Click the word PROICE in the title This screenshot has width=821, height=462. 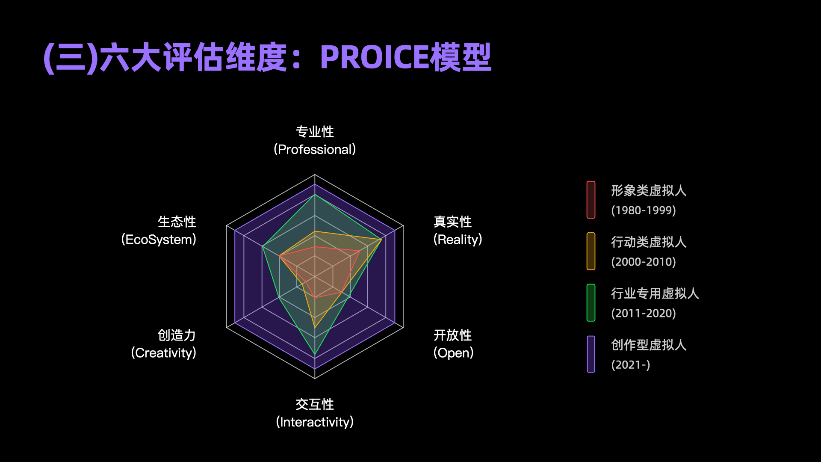(x=374, y=57)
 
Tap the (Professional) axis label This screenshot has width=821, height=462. (x=315, y=149)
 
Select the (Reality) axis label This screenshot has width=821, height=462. (x=458, y=240)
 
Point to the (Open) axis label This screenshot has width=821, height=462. (x=453, y=353)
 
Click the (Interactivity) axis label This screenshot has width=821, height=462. (x=315, y=422)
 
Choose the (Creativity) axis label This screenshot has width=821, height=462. (x=163, y=353)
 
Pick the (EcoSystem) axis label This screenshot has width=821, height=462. (x=159, y=240)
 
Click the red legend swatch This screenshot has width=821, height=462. (x=591, y=200)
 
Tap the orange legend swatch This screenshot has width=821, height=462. (x=591, y=251)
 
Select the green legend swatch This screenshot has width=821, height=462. (x=591, y=302)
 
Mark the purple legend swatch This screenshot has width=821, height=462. (x=591, y=354)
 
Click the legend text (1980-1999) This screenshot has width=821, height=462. (x=644, y=210)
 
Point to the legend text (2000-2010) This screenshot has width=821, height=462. (x=644, y=262)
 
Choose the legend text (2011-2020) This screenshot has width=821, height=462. (x=644, y=313)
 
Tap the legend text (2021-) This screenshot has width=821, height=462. (x=631, y=364)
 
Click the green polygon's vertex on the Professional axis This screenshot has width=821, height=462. (x=315, y=195)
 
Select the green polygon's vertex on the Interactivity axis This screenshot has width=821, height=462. (x=315, y=355)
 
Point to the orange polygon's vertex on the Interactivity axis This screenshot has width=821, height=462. (x=315, y=328)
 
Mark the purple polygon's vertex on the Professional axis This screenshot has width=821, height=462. (x=315, y=184)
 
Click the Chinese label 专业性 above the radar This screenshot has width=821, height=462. (x=315, y=132)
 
